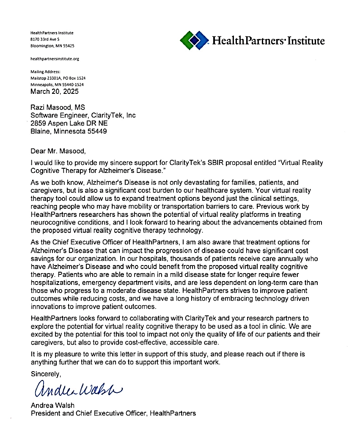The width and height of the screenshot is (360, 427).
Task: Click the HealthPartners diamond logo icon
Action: [x=194, y=40]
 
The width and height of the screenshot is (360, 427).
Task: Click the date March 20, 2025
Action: [x=55, y=91]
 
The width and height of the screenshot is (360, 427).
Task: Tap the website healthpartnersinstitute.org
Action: [x=55, y=59]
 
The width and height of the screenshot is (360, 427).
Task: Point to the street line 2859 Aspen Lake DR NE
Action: [x=69, y=123]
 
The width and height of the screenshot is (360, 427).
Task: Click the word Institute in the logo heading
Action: [x=306, y=41]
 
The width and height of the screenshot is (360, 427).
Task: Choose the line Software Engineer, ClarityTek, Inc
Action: [x=83, y=115]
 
